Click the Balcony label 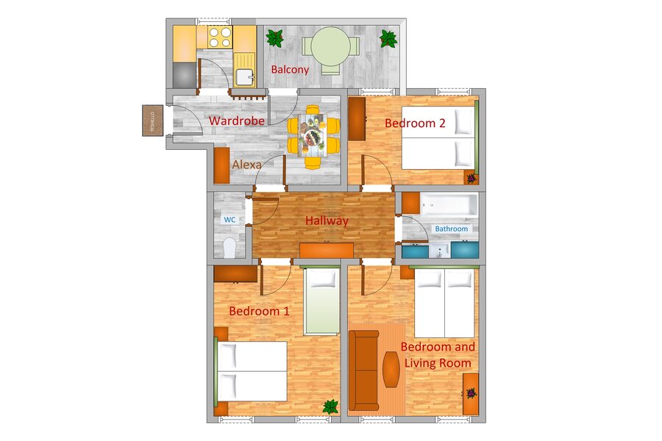coord(290,70)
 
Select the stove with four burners coord(221,37)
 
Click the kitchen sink coord(244,76)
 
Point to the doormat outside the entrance coord(152,121)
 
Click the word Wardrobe coord(236,121)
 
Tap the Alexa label coord(246,165)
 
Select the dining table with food coord(313,136)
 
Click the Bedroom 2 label coord(415,123)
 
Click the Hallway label coord(327,220)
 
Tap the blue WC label coord(229,220)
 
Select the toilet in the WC coord(229,248)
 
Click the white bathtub coord(449,206)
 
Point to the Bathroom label coord(452,229)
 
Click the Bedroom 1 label coord(259,312)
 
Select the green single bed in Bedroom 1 coord(321,301)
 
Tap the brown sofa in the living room coord(364,370)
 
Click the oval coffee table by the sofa coord(391,369)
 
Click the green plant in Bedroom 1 coord(330,406)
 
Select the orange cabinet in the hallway coord(327,250)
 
